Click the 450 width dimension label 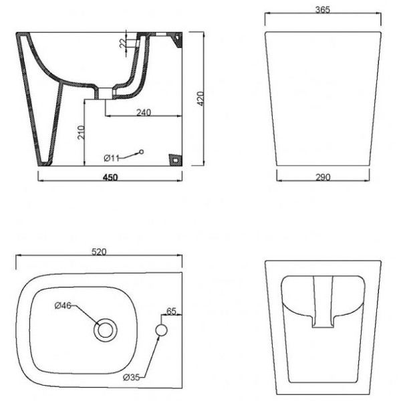pos(110,177)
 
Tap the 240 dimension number pos(144,112)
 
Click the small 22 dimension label pos(122,43)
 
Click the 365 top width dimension pos(323,10)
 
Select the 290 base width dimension pos(323,176)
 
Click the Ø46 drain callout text pos(63,306)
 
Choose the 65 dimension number pos(171,311)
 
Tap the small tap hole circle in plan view pos(162,329)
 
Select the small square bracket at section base pos(175,160)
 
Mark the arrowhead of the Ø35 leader pos(158,338)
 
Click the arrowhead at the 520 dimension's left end pos(17,257)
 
